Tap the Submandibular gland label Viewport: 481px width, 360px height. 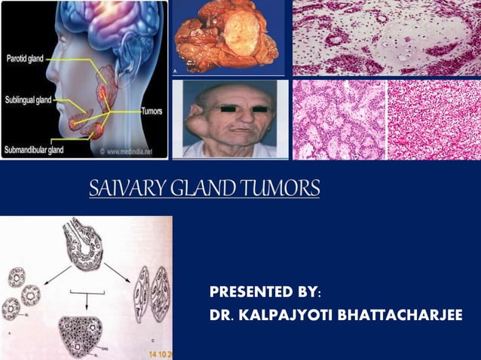(x=35, y=150)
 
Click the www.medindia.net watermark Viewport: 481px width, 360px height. (x=129, y=151)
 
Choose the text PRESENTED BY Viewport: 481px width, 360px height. (x=263, y=292)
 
